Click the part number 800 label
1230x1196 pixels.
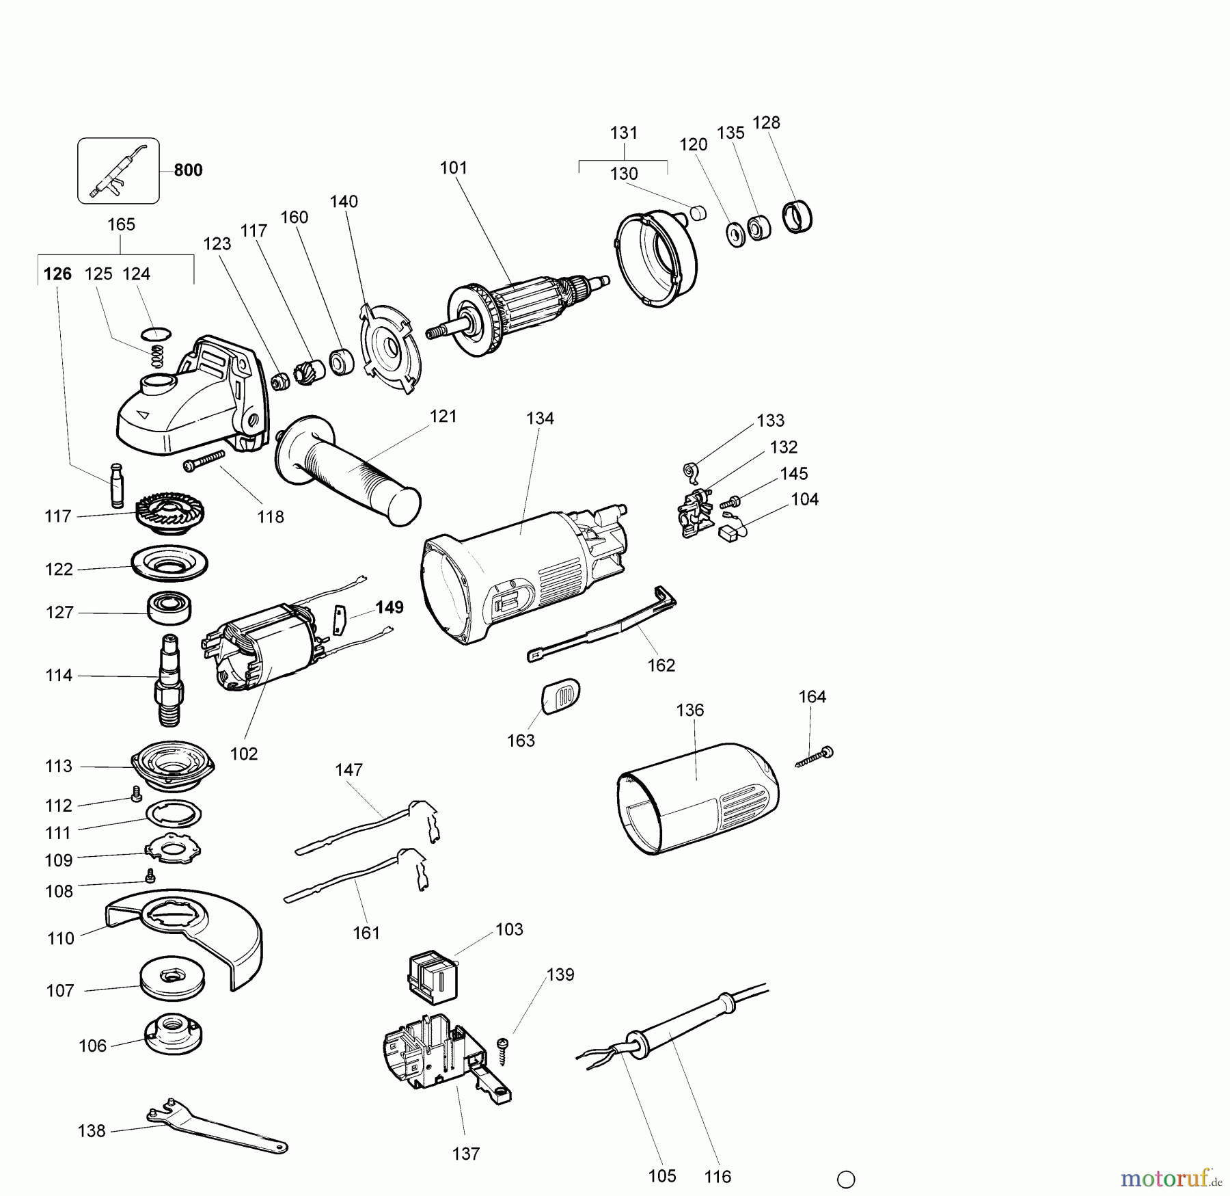coord(188,170)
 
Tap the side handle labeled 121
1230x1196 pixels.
coord(348,472)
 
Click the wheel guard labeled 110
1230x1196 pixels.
coord(184,930)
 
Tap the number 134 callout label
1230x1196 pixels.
coord(540,418)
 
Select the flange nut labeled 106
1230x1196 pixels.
coord(174,1035)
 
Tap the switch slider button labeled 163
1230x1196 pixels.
coord(560,696)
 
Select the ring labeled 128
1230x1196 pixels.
coord(796,217)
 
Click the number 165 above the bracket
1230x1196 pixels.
coord(122,224)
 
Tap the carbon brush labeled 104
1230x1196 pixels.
coord(733,533)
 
